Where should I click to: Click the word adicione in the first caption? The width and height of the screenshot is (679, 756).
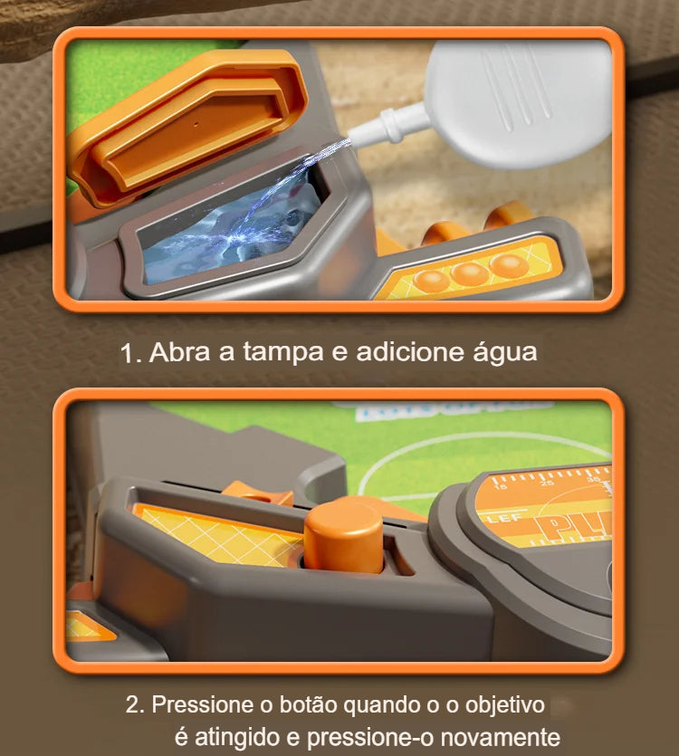point(407,352)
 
